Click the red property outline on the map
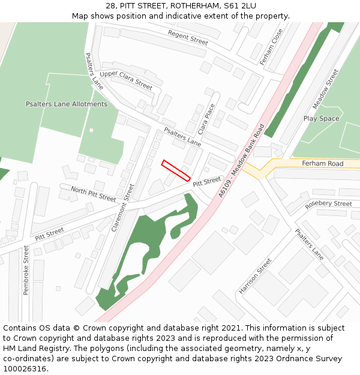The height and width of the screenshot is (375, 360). click(176, 170)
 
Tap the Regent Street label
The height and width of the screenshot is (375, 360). click(188, 38)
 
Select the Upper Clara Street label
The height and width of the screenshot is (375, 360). click(126, 80)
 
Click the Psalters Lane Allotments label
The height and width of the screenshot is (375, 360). click(67, 104)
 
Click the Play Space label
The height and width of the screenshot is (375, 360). click(321, 119)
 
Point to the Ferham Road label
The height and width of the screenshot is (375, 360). click(322, 163)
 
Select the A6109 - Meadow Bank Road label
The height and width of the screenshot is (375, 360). click(242, 160)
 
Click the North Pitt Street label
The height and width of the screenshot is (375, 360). click(94, 193)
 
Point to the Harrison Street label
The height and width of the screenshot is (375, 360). click(255, 276)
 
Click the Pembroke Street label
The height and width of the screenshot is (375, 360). click(26, 270)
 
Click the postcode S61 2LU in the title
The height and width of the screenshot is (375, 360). click(241, 5)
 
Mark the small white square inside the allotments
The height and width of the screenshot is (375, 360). click(91, 130)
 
